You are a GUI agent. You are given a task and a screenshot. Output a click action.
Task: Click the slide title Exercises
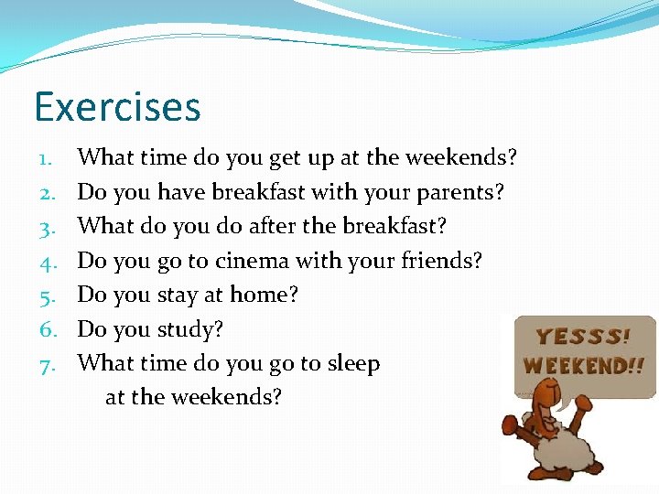tap(117, 106)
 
